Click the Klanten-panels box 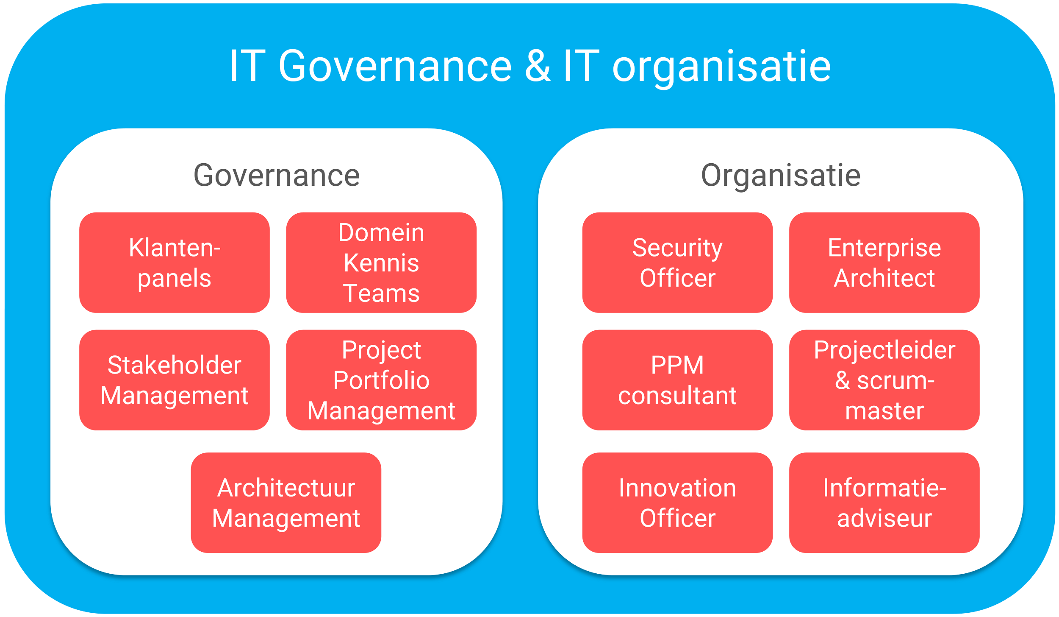click(x=174, y=262)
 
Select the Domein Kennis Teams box click(x=381, y=262)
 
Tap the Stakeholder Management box click(x=174, y=380)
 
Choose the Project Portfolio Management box click(x=381, y=380)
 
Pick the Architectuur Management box click(x=286, y=503)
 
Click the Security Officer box click(x=677, y=262)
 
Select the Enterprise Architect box click(x=884, y=262)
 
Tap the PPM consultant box click(x=677, y=380)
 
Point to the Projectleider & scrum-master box click(x=884, y=380)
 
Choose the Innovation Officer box click(x=677, y=503)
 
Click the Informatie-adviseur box click(x=884, y=503)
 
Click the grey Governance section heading click(x=277, y=175)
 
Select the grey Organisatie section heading click(x=781, y=175)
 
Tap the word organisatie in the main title click(x=721, y=67)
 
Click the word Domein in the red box click(x=381, y=233)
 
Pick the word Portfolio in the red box click(x=381, y=380)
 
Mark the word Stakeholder click(x=174, y=365)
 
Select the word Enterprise click(x=884, y=248)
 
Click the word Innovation click(x=677, y=488)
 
